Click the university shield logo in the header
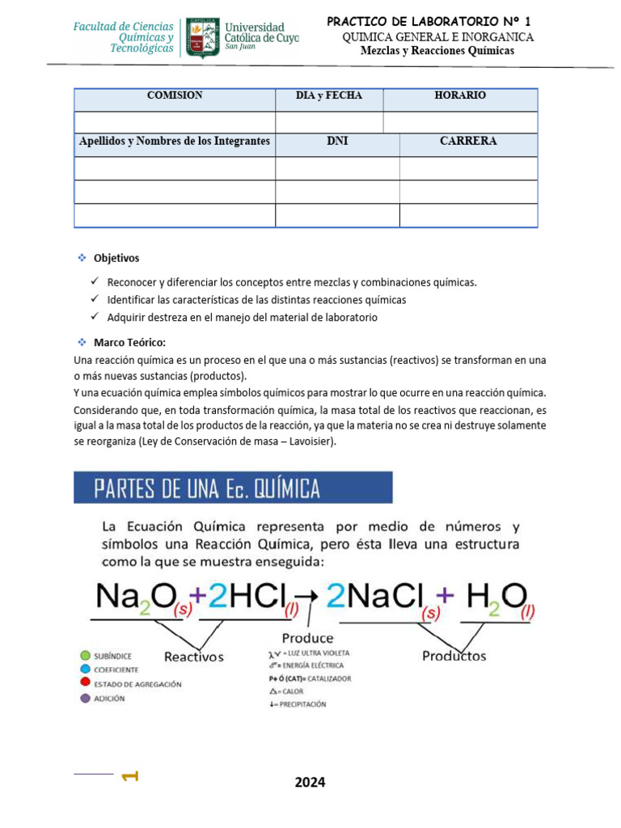[x=201, y=38]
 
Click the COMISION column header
[x=175, y=96]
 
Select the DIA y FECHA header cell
[x=329, y=96]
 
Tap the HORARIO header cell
[x=460, y=96]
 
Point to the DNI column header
[x=337, y=142]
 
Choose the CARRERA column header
[x=468, y=142]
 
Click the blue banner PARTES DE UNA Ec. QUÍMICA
[x=234, y=488]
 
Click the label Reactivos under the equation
[x=194, y=657]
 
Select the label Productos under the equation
[x=454, y=656]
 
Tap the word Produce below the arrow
[x=307, y=638]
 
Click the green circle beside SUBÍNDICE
[x=85, y=655]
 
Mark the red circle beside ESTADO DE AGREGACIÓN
[x=85, y=684]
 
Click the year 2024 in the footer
[x=310, y=782]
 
